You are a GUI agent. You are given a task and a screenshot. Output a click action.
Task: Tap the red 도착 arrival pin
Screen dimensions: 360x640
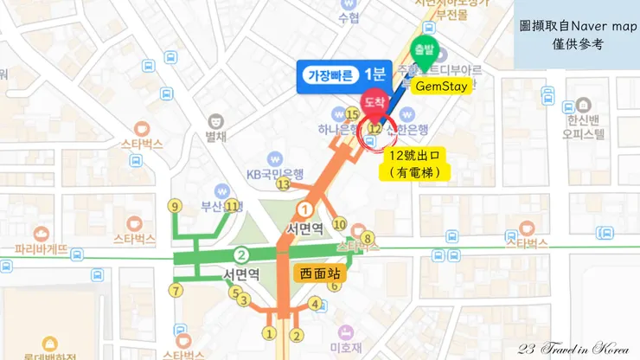click(374, 102)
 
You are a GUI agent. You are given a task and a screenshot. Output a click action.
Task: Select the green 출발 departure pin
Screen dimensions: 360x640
click(424, 49)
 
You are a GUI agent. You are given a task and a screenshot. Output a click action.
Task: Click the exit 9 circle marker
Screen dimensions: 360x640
click(175, 206)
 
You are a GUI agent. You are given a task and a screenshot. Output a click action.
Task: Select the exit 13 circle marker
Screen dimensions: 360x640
click(282, 183)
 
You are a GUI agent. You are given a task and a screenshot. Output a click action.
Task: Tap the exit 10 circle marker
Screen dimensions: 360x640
click(340, 225)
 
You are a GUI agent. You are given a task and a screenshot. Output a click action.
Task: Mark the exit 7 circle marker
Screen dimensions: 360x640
click(176, 291)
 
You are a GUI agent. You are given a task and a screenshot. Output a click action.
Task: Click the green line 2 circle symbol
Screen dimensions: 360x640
click(243, 254)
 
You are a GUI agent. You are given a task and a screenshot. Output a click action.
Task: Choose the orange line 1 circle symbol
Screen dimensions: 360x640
click(304, 209)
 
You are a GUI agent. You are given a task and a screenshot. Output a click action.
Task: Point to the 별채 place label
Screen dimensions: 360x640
click(215, 136)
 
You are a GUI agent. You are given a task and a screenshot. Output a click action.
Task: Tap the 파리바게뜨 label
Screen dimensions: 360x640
click(41, 254)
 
